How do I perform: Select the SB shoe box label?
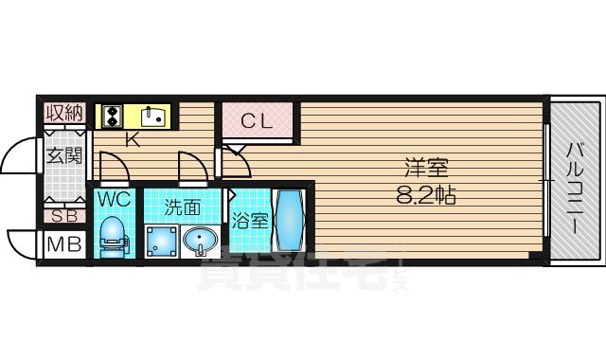pyautogui.click(x=64, y=215)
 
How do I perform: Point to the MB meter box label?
pyautogui.click(x=64, y=245)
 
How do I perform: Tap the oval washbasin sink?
pyautogui.click(x=200, y=242)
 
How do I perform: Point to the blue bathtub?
pyautogui.click(x=288, y=220)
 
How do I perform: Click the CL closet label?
pyautogui.click(x=256, y=120)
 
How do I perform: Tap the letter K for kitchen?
pyautogui.click(x=133, y=140)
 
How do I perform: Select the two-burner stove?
pyautogui.click(x=113, y=116)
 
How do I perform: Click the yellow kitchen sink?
pyautogui.click(x=152, y=117)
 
